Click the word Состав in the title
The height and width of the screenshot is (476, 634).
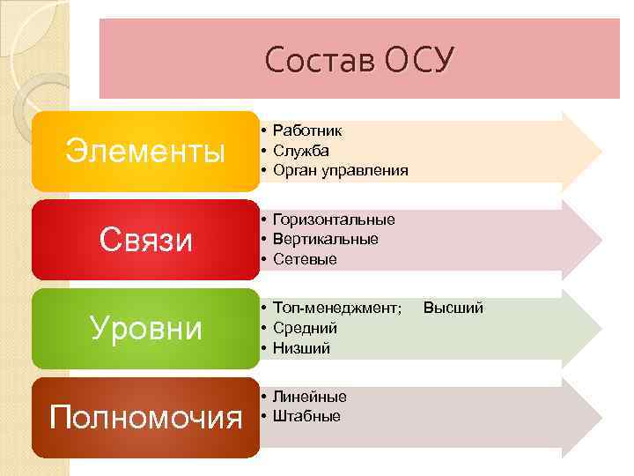[x=319, y=59]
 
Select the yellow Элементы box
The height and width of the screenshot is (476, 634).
[x=146, y=151]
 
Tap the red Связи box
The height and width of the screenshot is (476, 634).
[x=146, y=239]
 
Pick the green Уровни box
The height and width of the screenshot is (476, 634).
[x=146, y=327]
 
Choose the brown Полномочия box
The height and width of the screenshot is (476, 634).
[x=146, y=416]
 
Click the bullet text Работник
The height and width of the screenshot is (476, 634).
[x=307, y=130]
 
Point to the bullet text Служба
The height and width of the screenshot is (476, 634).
[x=301, y=151]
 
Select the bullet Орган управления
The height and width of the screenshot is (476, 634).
[x=340, y=170]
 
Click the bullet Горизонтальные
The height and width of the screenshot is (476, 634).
[x=334, y=219]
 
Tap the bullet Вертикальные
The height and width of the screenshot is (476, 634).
[x=325, y=239]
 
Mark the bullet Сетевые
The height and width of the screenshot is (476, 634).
[x=305, y=259]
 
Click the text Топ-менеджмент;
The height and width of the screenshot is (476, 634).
[x=337, y=308]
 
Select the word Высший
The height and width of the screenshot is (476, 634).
[x=453, y=308]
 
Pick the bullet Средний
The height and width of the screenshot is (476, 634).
[x=305, y=328]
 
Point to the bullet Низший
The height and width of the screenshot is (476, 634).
[x=301, y=348]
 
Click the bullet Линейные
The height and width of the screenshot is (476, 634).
[x=309, y=397]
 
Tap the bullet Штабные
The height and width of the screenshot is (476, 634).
[x=306, y=416]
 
